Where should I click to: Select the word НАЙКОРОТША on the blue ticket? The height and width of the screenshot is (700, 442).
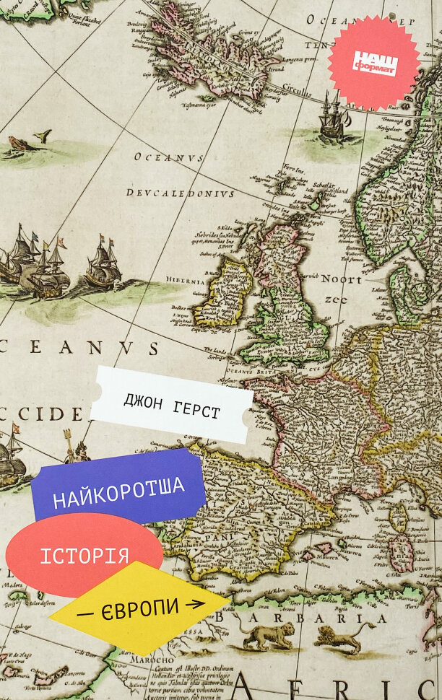click(120, 494)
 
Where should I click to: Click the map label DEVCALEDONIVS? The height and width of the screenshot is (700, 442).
click(181, 193)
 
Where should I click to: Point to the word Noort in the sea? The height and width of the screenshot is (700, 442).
click(341, 279)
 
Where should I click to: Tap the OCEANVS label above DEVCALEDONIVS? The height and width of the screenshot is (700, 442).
click(168, 157)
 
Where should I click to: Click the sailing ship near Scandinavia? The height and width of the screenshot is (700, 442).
click(333, 118)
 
